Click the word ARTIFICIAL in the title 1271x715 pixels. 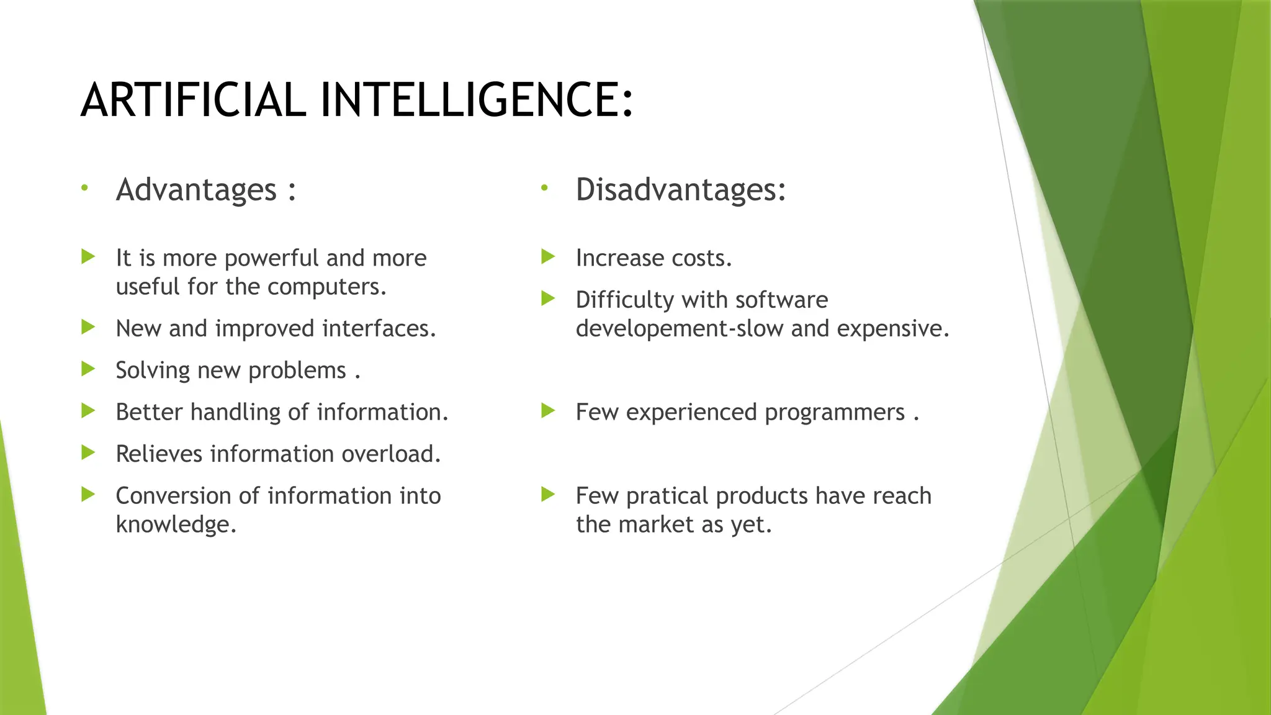(193, 100)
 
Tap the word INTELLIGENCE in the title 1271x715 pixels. (476, 100)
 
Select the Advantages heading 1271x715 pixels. (196, 189)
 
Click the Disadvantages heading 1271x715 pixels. (680, 189)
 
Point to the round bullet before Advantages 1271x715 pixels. (84, 187)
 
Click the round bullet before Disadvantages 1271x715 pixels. (544, 187)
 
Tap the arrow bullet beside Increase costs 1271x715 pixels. (547, 256)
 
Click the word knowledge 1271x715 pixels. (176, 524)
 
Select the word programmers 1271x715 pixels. (834, 413)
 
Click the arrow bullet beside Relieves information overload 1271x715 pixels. (88, 452)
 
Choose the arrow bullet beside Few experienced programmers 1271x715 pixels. (547, 410)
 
